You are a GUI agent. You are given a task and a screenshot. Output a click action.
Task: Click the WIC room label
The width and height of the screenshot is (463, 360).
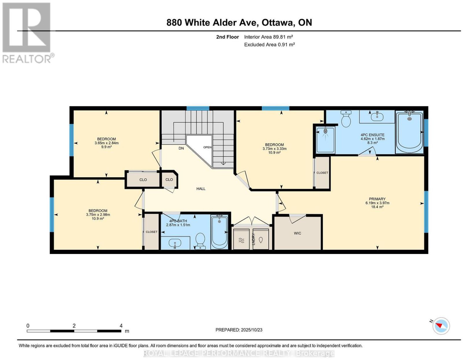click(x=297, y=233)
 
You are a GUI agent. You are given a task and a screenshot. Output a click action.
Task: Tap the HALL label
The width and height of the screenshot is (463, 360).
click(x=201, y=189)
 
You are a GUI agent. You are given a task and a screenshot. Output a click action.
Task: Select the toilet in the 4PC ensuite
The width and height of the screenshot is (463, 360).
click(x=346, y=118)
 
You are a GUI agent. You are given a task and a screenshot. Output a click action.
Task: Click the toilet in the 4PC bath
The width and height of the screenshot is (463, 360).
click(x=200, y=241)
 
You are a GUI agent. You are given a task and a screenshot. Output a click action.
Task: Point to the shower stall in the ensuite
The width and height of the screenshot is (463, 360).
click(x=325, y=140)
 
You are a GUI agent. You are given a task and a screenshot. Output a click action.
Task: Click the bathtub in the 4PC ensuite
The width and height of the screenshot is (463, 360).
click(x=409, y=132)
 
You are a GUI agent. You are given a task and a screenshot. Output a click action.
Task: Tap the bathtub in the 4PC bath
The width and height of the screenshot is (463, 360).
click(x=219, y=232)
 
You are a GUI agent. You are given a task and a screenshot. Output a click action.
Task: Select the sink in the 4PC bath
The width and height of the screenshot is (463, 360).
click(x=175, y=243)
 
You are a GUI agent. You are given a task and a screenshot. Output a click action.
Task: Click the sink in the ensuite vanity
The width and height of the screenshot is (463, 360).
click(x=377, y=116)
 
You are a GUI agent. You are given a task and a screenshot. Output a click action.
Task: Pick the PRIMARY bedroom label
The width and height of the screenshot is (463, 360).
click(x=377, y=199)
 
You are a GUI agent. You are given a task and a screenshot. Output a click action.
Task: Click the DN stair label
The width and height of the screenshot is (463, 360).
click(x=181, y=148)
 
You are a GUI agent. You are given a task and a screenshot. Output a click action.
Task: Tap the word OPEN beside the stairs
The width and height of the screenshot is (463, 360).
click(x=207, y=147)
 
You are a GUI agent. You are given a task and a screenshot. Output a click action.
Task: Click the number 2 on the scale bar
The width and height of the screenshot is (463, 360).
click(x=74, y=326)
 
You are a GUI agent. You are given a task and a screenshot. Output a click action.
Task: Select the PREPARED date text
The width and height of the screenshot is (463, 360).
click(x=239, y=330)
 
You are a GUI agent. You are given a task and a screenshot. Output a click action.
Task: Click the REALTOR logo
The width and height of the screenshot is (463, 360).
click(x=27, y=33)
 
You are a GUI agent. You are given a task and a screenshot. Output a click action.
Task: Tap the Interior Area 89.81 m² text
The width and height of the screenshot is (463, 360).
click(x=269, y=37)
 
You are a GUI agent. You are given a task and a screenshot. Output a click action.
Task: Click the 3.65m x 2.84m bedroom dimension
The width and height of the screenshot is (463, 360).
click(x=106, y=143)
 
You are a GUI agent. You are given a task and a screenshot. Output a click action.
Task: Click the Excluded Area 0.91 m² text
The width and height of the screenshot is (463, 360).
click(x=269, y=45)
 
